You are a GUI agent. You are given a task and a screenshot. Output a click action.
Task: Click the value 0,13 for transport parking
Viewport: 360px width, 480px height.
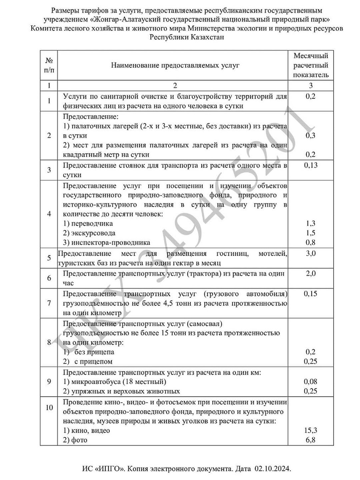(x=311, y=165)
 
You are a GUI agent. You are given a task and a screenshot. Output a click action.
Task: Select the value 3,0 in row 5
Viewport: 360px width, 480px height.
(x=311, y=253)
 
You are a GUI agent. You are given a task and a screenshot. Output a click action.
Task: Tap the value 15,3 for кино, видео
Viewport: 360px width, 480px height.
(x=310, y=430)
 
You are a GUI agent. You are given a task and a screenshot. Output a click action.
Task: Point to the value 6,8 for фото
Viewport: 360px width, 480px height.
(x=310, y=440)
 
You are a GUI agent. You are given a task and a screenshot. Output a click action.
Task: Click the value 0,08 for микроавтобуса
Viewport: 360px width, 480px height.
(x=310, y=382)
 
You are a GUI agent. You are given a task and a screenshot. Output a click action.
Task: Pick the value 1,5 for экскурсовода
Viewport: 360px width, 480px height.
(x=310, y=233)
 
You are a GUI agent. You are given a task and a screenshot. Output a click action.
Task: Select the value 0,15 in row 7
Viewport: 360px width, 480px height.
(x=310, y=294)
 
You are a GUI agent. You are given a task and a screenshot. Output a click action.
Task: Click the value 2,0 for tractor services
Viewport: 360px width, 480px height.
(x=311, y=274)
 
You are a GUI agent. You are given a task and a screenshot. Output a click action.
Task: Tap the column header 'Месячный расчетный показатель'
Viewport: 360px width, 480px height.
(x=311, y=65)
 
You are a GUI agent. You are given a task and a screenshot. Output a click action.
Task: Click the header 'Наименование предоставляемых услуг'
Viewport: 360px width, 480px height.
(x=175, y=65)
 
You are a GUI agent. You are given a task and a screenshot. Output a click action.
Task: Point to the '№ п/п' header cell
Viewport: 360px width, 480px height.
(x=49, y=65)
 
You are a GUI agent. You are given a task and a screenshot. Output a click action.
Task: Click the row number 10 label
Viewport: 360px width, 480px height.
(x=49, y=407)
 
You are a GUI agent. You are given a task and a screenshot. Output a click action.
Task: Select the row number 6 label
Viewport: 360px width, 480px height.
(x=49, y=278)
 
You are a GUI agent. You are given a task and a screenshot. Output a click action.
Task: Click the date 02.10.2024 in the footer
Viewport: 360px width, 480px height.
(x=272, y=469)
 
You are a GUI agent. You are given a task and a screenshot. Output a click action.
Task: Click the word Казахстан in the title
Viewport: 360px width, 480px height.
(x=208, y=37)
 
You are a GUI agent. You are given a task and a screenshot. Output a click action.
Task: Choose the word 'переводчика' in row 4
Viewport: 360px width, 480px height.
(x=92, y=224)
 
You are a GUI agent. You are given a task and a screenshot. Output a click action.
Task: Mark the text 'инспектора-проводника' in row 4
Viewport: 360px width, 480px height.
(x=111, y=243)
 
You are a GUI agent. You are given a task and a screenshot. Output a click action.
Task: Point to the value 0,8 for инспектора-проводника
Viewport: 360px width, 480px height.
(x=310, y=243)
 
